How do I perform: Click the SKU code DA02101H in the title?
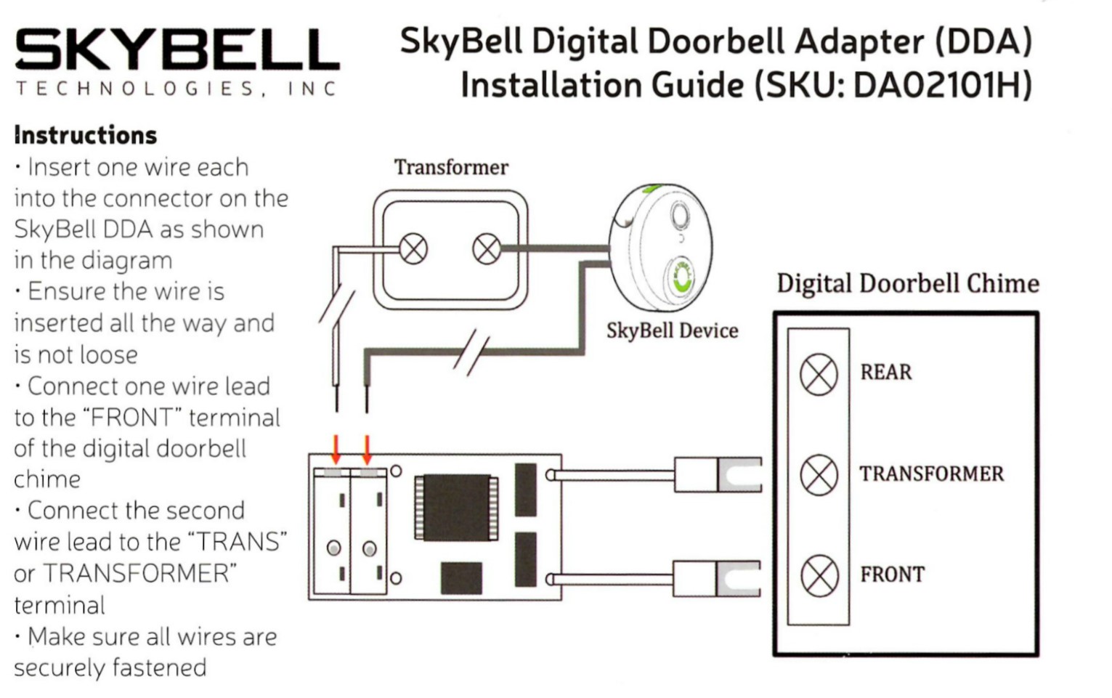point(942,85)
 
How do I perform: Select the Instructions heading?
point(86,135)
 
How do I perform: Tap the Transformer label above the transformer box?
point(451,167)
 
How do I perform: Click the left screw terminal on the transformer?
point(413,250)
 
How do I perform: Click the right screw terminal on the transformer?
point(486,250)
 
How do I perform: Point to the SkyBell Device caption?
point(672,330)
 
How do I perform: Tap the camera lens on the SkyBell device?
point(680,215)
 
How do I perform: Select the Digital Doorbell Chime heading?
point(907,283)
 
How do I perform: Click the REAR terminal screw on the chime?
point(819,375)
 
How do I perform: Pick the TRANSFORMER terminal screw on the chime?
point(819,475)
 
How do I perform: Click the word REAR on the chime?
point(885,373)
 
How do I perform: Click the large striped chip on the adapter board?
point(456,507)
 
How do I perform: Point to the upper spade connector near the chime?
point(726,475)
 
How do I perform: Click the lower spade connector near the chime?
point(726,579)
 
